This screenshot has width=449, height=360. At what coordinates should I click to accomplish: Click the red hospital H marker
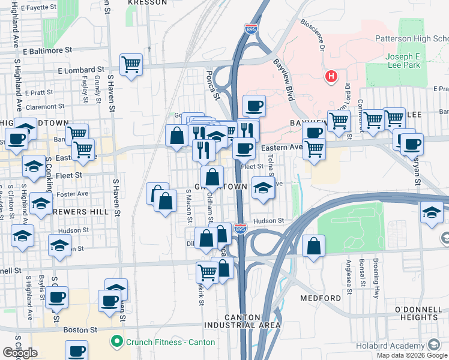point(330,77)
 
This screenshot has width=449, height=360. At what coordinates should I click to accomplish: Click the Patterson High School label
point(411,38)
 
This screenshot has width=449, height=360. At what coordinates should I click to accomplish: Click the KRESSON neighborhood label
point(148,3)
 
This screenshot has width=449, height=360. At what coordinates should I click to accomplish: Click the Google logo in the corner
point(20,352)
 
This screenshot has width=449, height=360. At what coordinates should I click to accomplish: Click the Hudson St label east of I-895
point(268,221)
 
